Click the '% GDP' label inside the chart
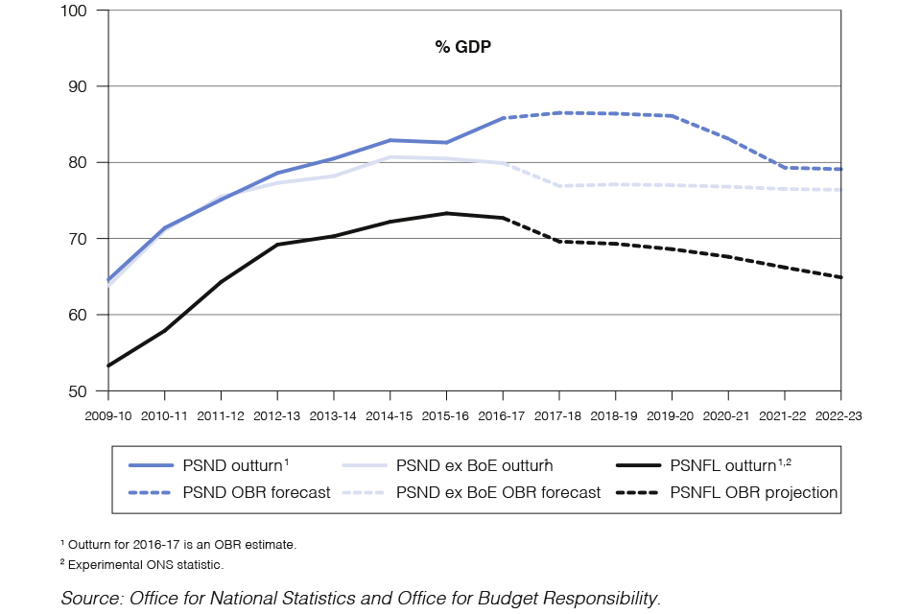pos(462,46)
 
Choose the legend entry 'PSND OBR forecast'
pos(256,492)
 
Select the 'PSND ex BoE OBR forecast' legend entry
pos(498,492)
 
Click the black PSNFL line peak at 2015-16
pos(446,213)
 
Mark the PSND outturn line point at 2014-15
pos(390,140)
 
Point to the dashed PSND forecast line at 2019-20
pos(672,116)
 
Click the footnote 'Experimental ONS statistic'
pos(145,565)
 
